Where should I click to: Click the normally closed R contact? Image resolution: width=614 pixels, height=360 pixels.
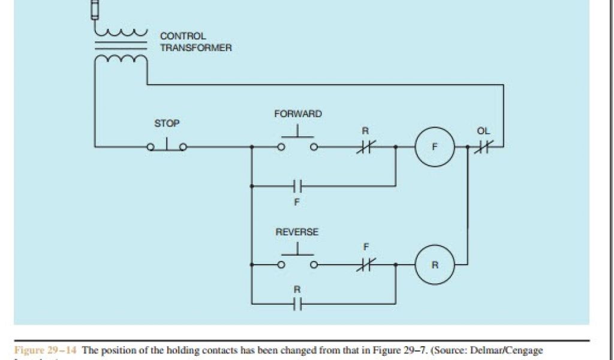[x=364, y=146]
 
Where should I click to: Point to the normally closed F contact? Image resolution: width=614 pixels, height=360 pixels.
[x=364, y=265]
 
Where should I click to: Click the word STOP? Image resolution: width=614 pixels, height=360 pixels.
[x=167, y=124]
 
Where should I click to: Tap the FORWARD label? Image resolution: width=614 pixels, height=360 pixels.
[x=297, y=114]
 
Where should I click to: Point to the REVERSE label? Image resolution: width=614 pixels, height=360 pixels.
[x=297, y=232]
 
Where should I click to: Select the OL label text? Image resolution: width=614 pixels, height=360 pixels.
[x=483, y=131]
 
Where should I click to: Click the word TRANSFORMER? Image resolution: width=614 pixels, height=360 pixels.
[x=195, y=48]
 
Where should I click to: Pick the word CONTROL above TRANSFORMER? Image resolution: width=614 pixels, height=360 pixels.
[x=183, y=37]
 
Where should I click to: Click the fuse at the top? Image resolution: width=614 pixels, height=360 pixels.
[x=94, y=10]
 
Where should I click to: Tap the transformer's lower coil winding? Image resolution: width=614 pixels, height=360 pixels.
[x=121, y=59]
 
